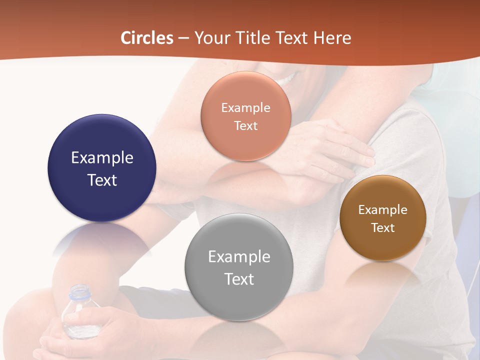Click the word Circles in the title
pyautogui.click(x=146, y=38)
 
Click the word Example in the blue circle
pyautogui.click(x=102, y=158)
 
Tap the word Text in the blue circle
pyautogui.click(x=102, y=180)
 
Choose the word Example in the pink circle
pyautogui.click(x=246, y=108)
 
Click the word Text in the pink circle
pyautogui.click(x=246, y=126)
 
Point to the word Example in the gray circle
pyautogui.click(x=239, y=257)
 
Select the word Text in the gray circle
pyautogui.click(x=239, y=279)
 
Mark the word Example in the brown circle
pyautogui.click(x=383, y=210)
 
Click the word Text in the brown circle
pyautogui.click(x=383, y=228)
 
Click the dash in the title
pyautogui.click(x=183, y=38)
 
